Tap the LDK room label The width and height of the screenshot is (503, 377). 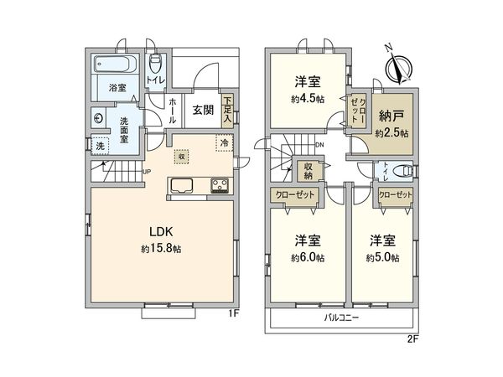coord(162,230)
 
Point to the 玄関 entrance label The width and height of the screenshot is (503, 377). coord(201,108)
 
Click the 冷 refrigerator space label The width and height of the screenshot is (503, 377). coord(224,143)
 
